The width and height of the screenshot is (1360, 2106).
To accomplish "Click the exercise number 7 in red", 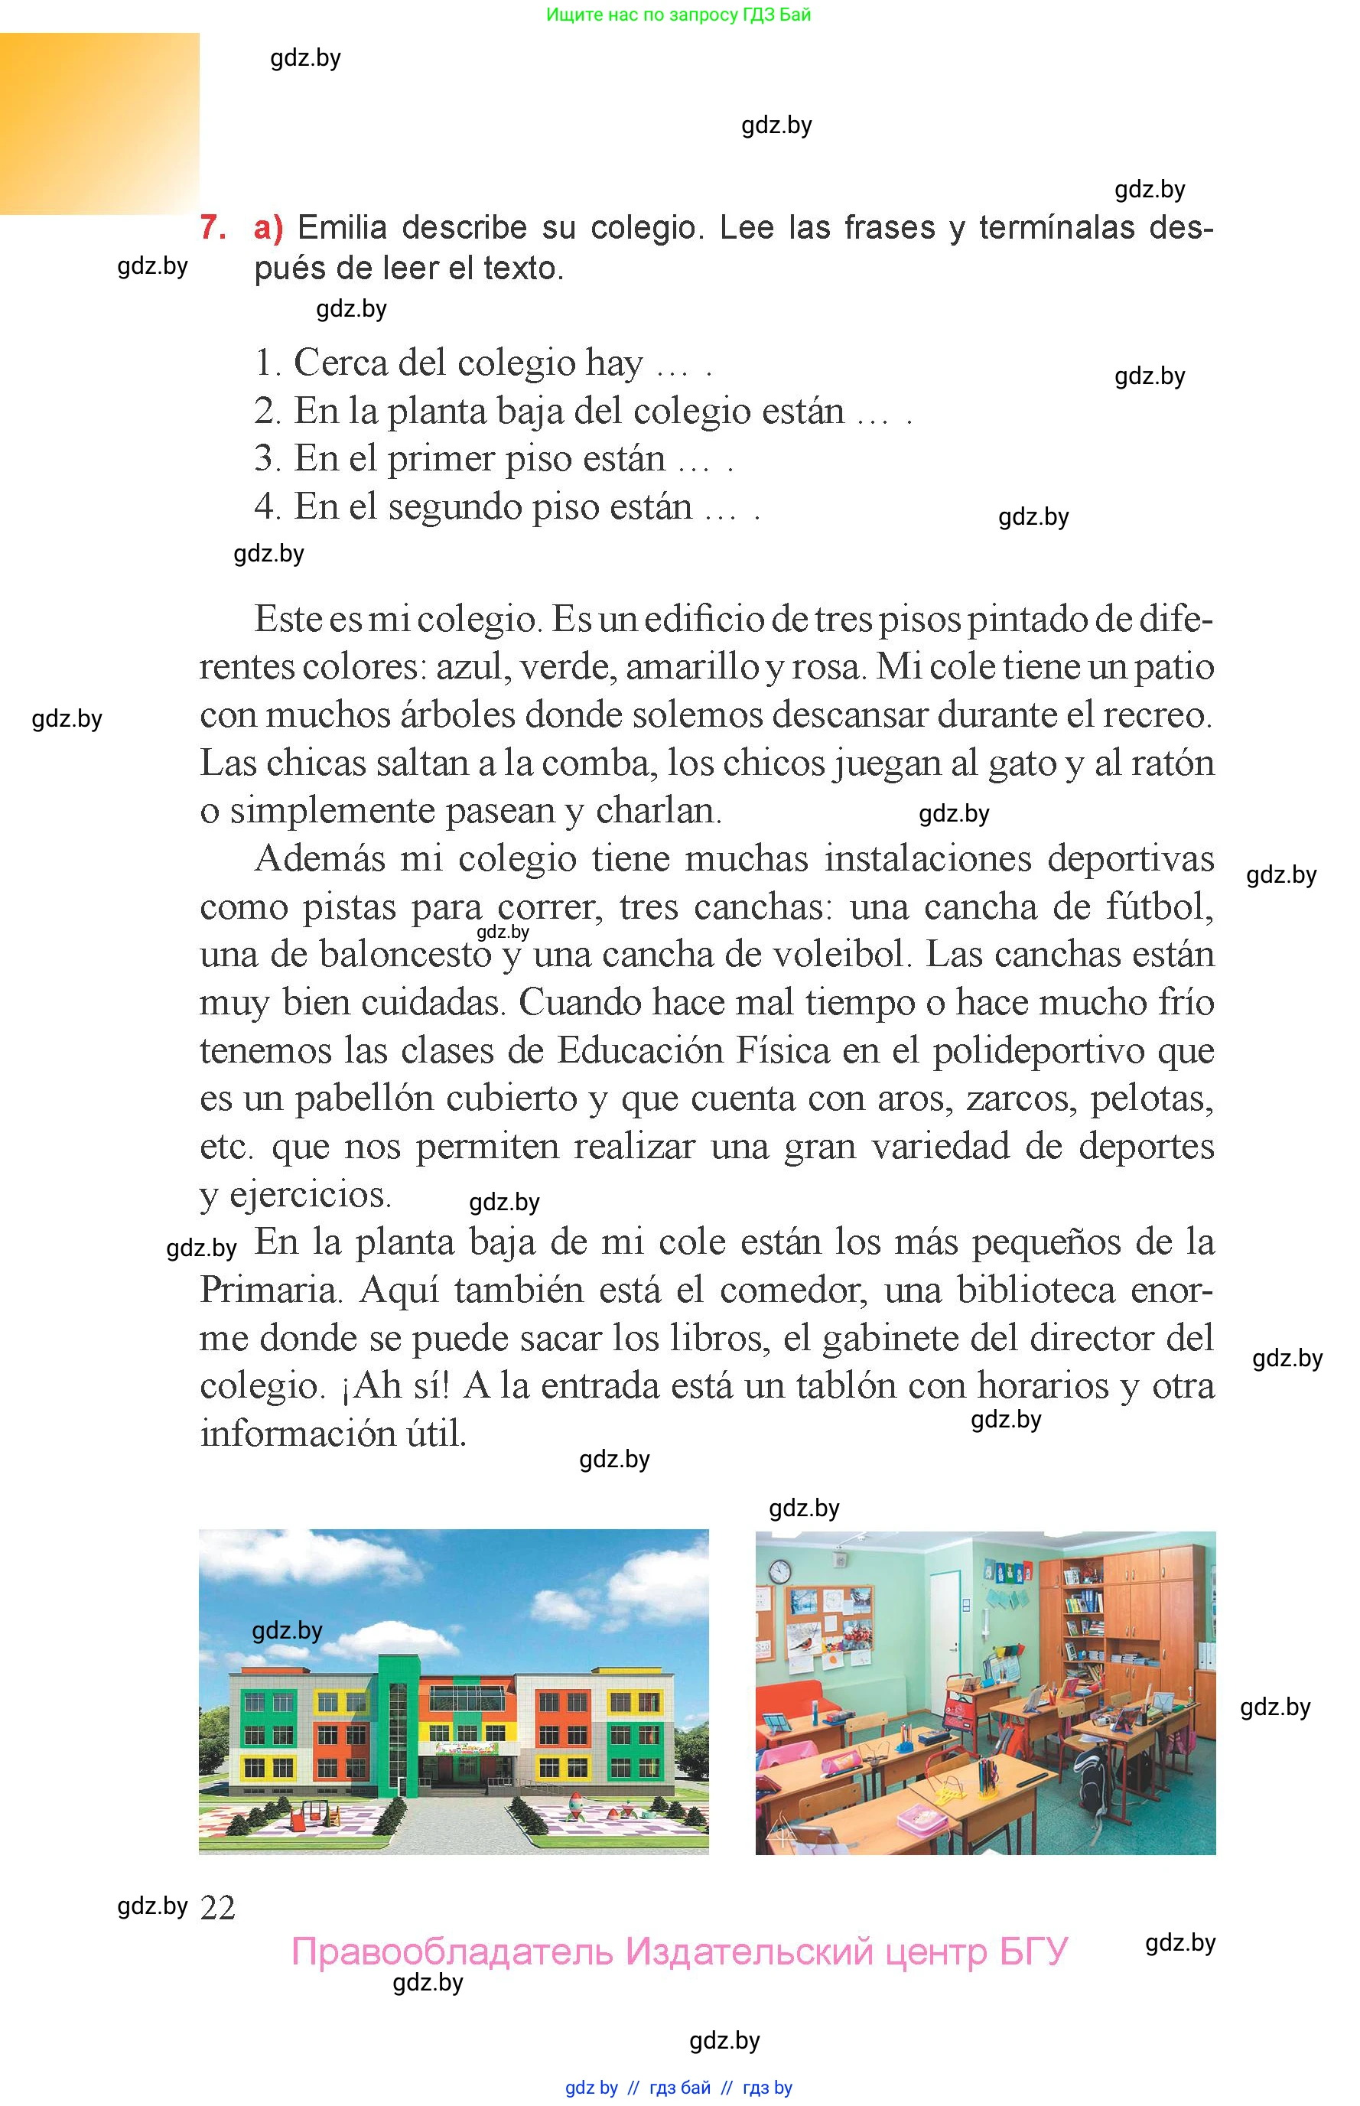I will click(212, 228).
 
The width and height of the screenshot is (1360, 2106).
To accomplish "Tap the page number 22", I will click(218, 1909).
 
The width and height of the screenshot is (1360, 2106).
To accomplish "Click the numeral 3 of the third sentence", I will click(266, 459).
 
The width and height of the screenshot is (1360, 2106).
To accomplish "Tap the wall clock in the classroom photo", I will click(779, 1573).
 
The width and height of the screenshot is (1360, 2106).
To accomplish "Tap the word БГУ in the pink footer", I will click(1033, 1951).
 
